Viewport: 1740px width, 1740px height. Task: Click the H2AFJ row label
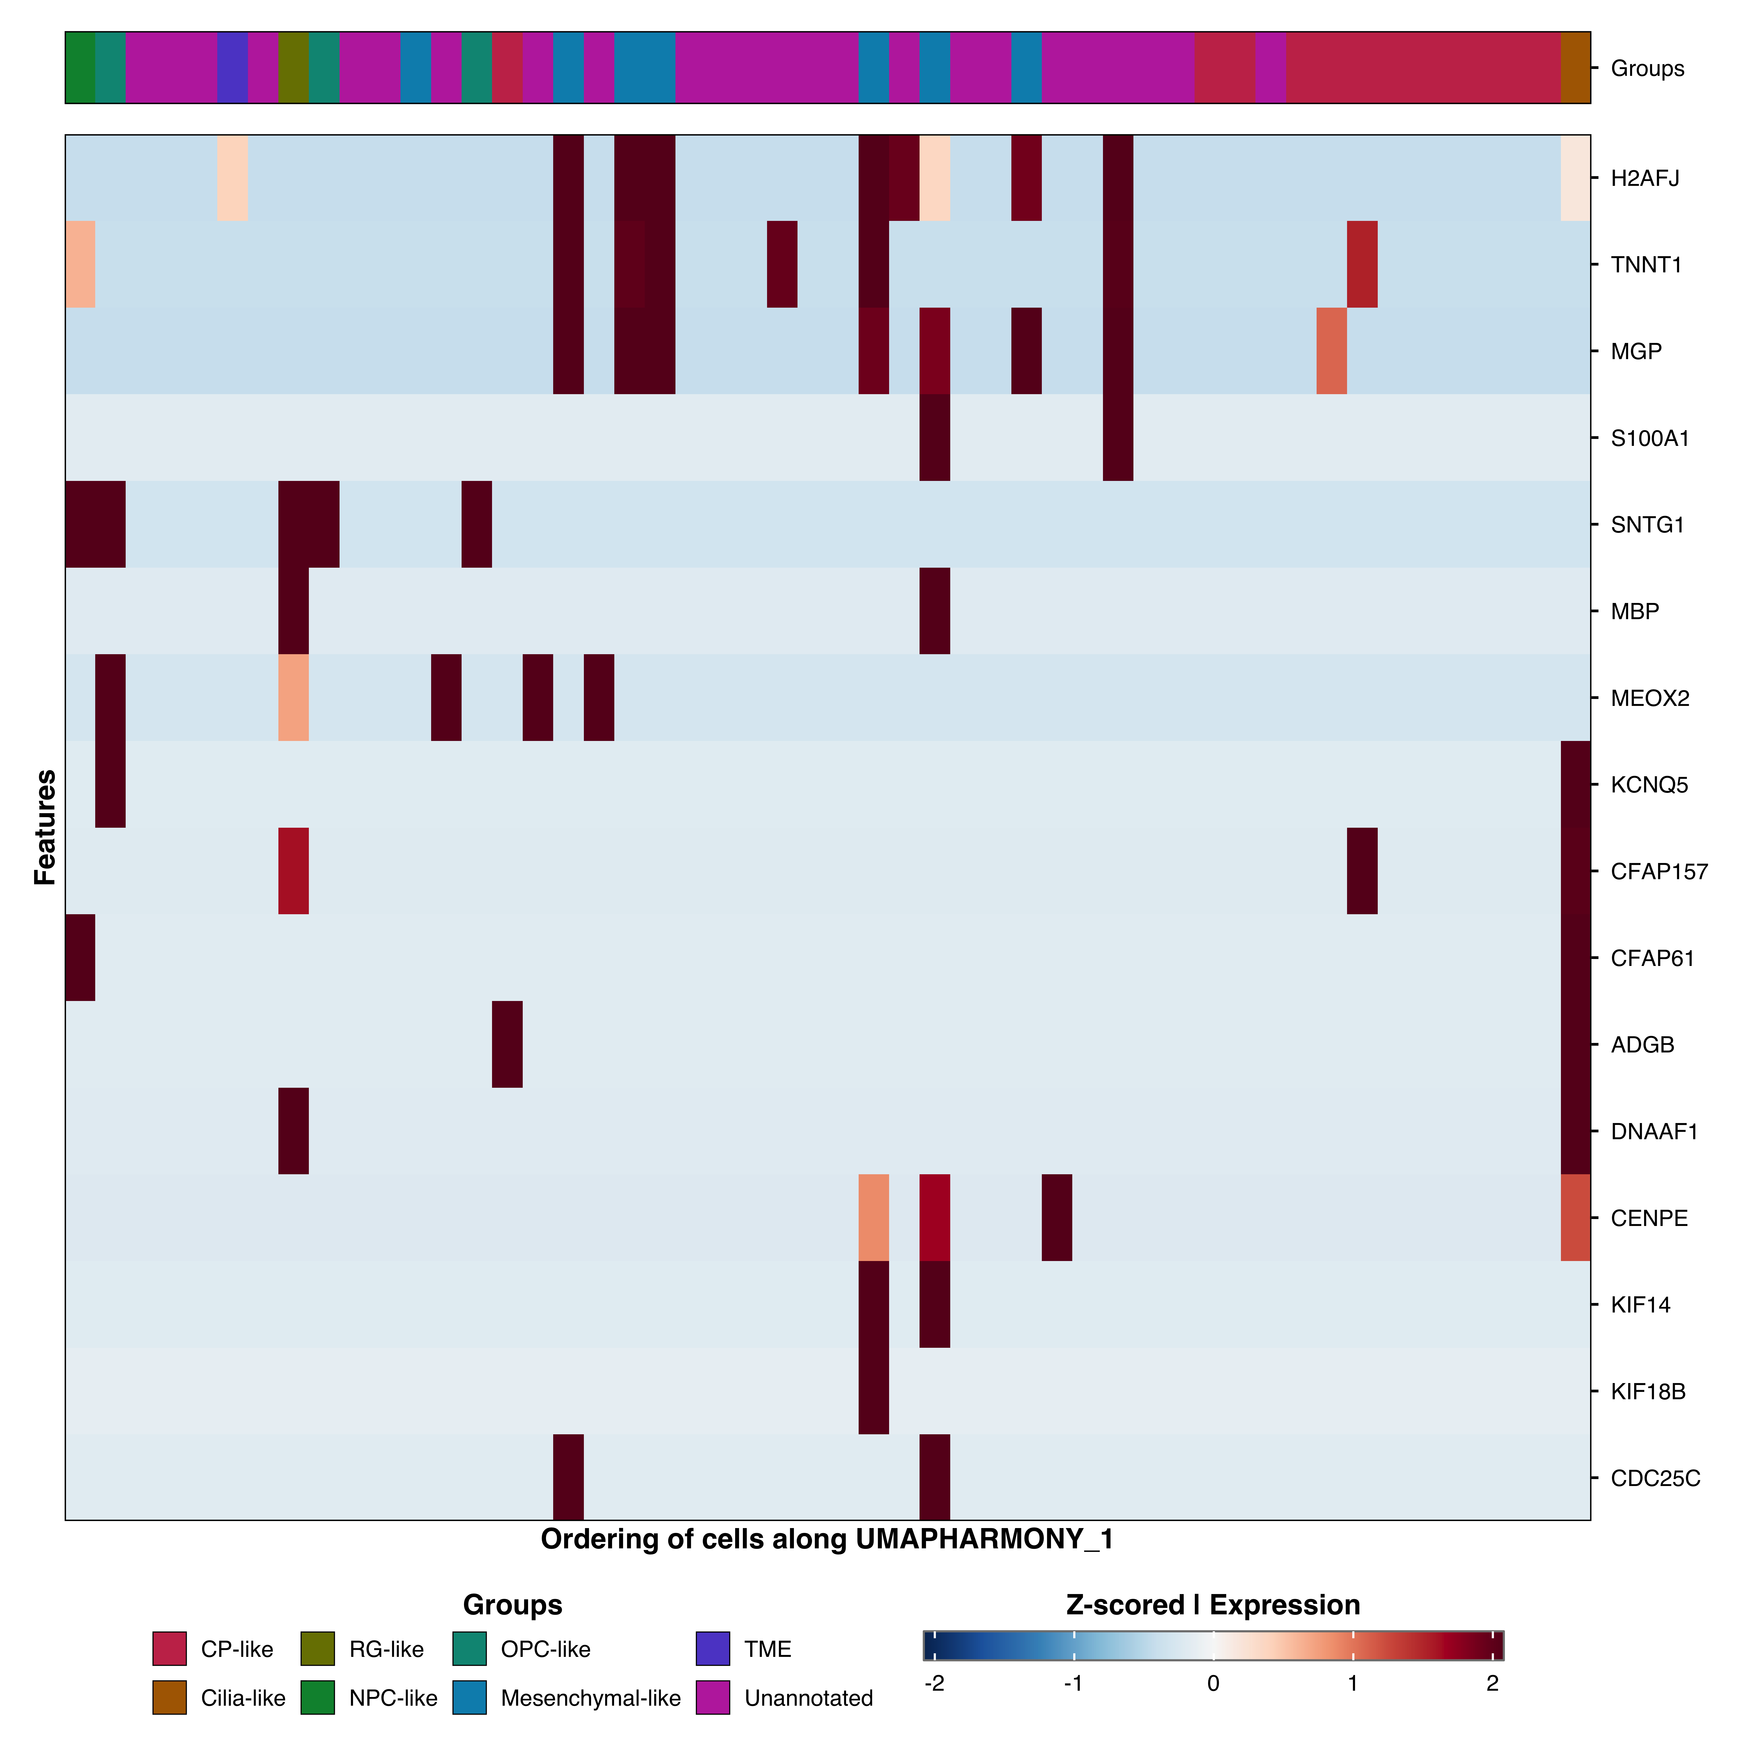tap(1645, 178)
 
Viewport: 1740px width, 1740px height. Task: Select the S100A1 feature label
tap(1649, 439)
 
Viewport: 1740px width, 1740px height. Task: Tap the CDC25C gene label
tap(1654, 1478)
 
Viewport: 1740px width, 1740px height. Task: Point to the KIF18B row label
tap(1647, 1392)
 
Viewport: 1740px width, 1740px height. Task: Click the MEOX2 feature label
tap(1649, 698)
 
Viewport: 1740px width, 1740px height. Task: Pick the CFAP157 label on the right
tap(1658, 872)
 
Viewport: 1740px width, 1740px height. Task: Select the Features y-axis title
tap(45, 827)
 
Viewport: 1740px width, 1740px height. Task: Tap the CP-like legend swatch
tap(169, 1648)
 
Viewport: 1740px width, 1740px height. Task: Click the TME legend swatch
tap(712, 1648)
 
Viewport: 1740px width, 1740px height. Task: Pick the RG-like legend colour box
tap(317, 1648)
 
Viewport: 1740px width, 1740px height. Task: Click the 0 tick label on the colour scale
tap(1213, 1683)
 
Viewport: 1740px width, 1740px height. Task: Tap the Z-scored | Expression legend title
tap(1212, 1605)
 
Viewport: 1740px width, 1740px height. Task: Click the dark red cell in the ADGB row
tap(507, 1044)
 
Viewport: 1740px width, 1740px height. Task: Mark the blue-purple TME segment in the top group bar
tap(232, 68)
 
